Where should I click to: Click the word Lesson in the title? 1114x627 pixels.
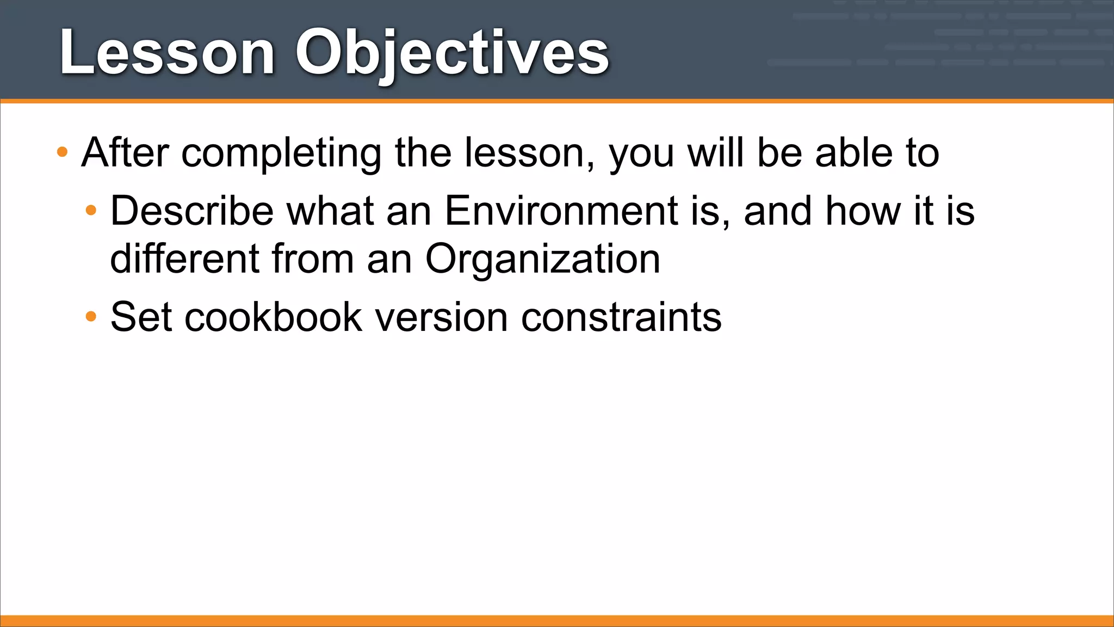point(166,53)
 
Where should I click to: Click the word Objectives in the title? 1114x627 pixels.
point(451,53)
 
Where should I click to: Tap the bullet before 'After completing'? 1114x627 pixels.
point(63,152)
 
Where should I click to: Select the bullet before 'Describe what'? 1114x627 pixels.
point(91,210)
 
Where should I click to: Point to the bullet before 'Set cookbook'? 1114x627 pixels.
point(91,316)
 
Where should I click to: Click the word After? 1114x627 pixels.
point(125,153)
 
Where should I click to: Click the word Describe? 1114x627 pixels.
point(192,211)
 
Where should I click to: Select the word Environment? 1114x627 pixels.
point(561,211)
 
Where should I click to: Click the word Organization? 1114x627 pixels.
point(542,259)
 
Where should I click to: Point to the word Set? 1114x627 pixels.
point(141,316)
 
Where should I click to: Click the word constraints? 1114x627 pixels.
point(621,316)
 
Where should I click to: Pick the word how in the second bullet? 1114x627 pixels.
point(862,211)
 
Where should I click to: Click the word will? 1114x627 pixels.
point(715,153)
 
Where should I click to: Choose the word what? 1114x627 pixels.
point(330,211)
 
